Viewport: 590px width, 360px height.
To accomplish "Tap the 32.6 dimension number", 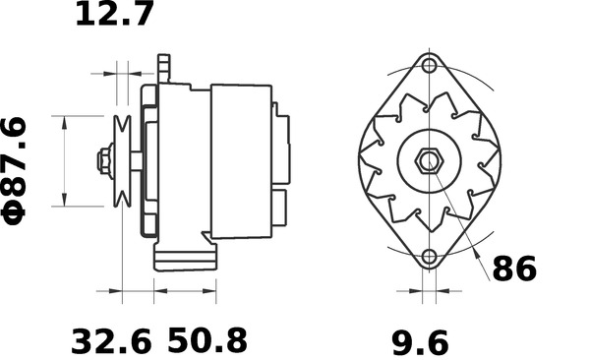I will (111, 341).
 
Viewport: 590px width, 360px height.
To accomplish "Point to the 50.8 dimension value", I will (206, 341).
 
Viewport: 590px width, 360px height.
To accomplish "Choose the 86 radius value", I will (513, 268).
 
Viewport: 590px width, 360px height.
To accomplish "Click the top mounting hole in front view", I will (428, 66).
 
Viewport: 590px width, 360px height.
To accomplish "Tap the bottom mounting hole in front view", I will (428, 258).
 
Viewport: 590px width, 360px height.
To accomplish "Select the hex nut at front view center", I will (429, 161).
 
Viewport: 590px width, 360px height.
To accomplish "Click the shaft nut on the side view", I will (103, 160).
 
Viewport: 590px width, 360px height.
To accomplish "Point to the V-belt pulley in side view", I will (123, 161).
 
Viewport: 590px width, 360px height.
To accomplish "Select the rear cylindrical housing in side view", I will (241, 160).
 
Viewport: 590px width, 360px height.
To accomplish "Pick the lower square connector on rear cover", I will (280, 207).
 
